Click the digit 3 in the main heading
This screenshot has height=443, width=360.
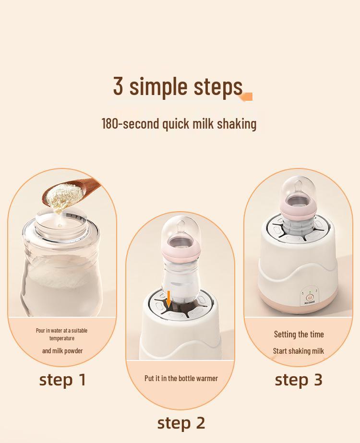119,86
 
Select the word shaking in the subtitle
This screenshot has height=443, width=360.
237,124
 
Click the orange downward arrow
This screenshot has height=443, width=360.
168,298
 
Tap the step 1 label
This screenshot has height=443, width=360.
62,380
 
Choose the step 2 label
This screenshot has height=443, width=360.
181,423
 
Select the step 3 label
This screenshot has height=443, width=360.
299,380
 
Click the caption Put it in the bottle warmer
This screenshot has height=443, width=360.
181,378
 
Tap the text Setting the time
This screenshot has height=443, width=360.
299,335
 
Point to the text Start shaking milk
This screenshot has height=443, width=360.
299,351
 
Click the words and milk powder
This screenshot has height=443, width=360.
62,351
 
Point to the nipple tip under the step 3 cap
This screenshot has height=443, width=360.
299,181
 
